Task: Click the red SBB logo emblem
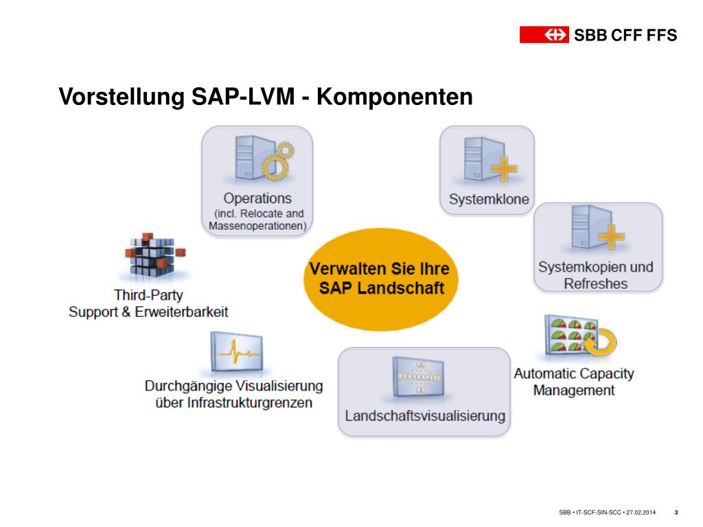click(x=544, y=34)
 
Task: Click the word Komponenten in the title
click(x=395, y=96)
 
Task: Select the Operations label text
click(x=257, y=198)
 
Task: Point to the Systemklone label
click(x=489, y=199)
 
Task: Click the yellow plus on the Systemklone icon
click(x=504, y=169)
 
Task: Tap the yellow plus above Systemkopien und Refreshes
click(x=611, y=236)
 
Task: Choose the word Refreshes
click(x=595, y=283)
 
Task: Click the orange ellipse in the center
click(x=380, y=279)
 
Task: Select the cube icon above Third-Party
click(x=155, y=255)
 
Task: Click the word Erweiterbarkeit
click(x=181, y=312)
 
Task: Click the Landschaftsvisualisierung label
click(x=424, y=416)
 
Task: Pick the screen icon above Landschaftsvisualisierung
click(x=418, y=377)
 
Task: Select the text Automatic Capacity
click(x=574, y=373)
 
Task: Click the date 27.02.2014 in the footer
click(x=641, y=512)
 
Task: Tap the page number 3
click(x=676, y=512)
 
